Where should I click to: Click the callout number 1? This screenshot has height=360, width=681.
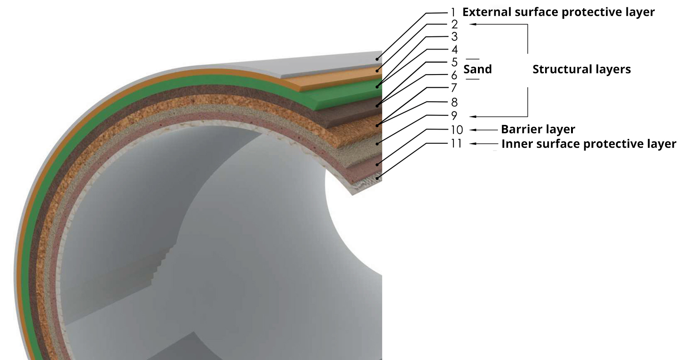pyautogui.click(x=453, y=13)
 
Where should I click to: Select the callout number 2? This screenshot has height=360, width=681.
pyautogui.click(x=454, y=25)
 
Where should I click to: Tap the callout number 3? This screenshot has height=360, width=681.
pyautogui.click(x=454, y=36)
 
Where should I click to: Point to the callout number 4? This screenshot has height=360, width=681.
pyautogui.click(x=454, y=49)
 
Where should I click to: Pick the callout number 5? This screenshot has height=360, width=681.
pyautogui.click(x=454, y=62)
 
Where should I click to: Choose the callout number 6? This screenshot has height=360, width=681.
pyautogui.click(x=454, y=75)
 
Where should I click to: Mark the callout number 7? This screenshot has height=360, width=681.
pyautogui.click(x=454, y=88)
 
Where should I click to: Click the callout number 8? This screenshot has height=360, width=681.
pyautogui.click(x=454, y=102)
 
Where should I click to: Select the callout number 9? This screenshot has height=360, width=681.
pyautogui.click(x=454, y=115)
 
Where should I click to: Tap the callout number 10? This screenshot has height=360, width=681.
pyautogui.click(x=456, y=130)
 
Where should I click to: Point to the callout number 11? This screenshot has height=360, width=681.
pyautogui.click(x=456, y=144)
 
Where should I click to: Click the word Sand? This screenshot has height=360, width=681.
pyautogui.click(x=477, y=70)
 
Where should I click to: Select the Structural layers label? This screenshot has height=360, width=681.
pyautogui.click(x=582, y=70)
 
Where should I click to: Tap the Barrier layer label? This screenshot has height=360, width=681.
pyautogui.click(x=538, y=129)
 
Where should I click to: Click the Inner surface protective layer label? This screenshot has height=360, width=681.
pyautogui.click(x=589, y=144)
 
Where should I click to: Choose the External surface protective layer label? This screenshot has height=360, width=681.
pyautogui.click(x=558, y=12)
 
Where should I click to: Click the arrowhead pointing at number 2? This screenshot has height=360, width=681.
pyautogui.click(x=473, y=25)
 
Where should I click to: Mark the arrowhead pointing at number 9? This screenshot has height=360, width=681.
pyautogui.click(x=473, y=116)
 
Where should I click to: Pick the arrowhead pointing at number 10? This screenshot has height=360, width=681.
pyautogui.click(x=473, y=130)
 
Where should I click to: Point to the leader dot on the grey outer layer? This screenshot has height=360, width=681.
pyautogui.click(x=377, y=59)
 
